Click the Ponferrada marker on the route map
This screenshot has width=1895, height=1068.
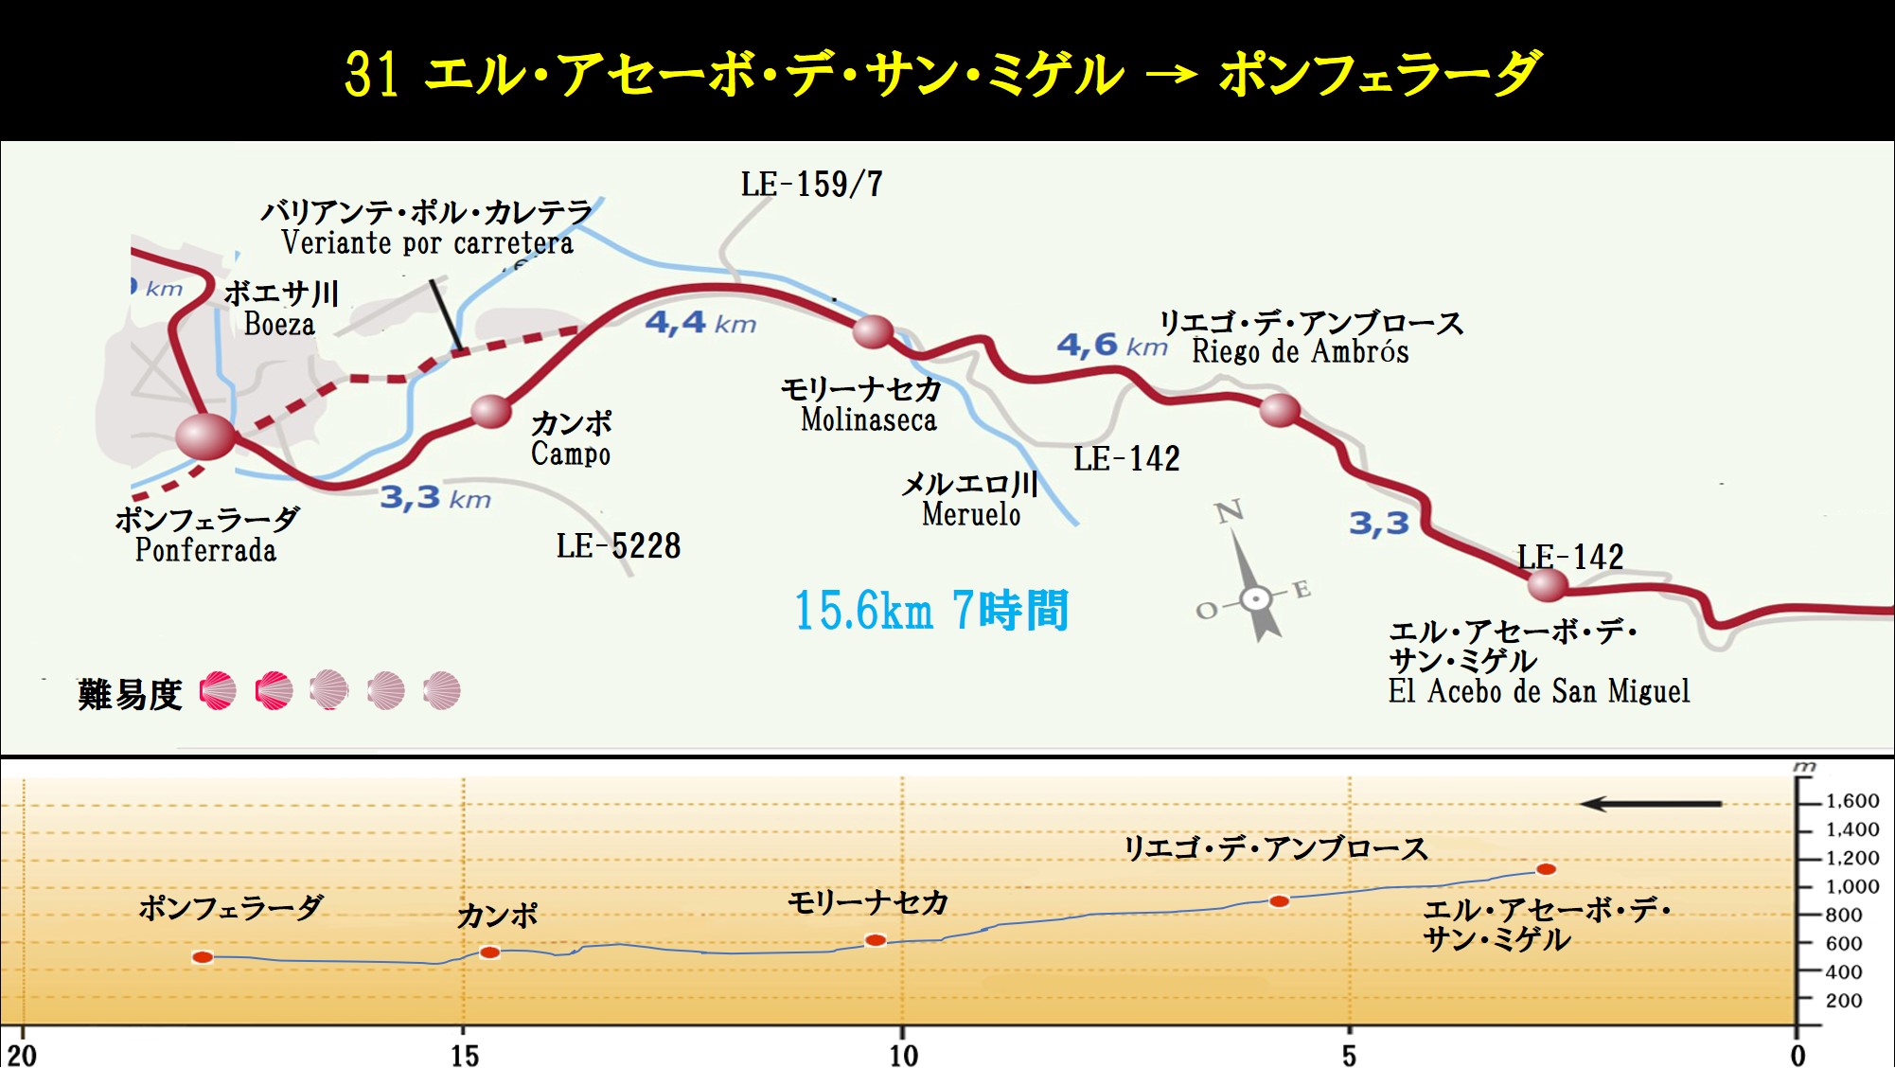pos(204,436)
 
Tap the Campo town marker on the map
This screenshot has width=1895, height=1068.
pos(490,411)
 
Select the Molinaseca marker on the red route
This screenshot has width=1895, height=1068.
pos(872,331)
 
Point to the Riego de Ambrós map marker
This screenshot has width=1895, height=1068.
pos(1280,410)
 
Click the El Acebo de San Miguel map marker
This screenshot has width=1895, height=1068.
pos(1547,585)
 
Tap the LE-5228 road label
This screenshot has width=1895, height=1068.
pos(618,546)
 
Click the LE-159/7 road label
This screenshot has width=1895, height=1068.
pos(811,184)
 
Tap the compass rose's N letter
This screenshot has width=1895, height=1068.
pos(1229,511)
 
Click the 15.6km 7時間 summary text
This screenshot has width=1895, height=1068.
pos(931,611)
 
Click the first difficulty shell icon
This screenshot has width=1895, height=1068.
pos(218,691)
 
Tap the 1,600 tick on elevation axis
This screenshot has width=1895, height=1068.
pos(1851,801)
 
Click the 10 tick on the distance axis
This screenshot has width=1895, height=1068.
pos(903,1054)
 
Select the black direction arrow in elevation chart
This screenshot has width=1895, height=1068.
pos(1651,804)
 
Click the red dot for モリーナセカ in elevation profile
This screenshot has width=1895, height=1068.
pos(876,940)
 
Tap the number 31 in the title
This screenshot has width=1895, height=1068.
pos(371,74)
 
